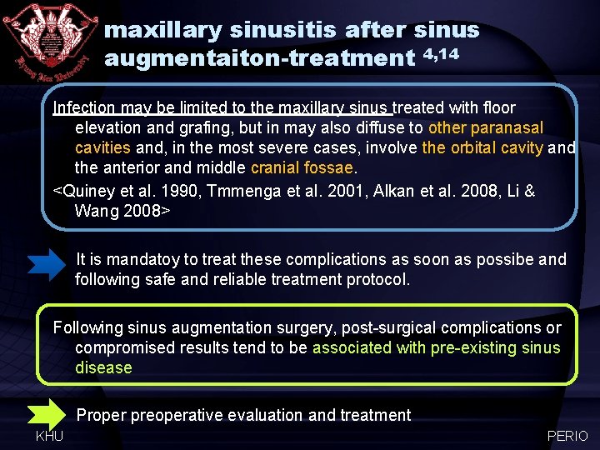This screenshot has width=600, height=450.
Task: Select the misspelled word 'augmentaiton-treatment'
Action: click(259, 58)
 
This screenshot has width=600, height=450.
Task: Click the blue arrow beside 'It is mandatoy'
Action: click(50, 265)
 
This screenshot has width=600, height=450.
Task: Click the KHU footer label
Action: click(49, 436)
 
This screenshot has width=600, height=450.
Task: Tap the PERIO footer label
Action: click(567, 436)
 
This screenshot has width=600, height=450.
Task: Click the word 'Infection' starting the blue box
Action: click(84, 107)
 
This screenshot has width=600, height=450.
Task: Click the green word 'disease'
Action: click(103, 367)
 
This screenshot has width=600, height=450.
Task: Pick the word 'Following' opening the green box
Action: click(87, 327)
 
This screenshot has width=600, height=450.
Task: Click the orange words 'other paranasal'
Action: click(485, 127)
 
